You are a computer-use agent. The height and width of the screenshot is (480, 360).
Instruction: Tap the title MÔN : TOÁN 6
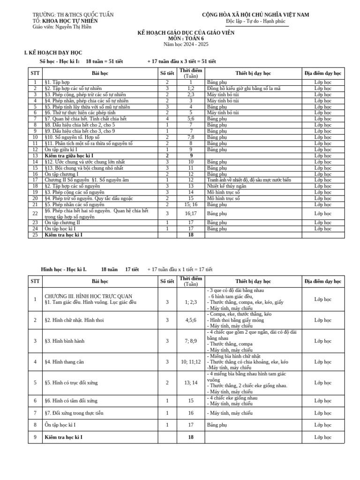(186, 38)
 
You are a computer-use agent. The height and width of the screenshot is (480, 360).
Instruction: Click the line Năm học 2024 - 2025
(186, 44)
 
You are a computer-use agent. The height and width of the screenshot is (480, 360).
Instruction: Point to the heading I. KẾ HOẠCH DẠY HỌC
(53, 53)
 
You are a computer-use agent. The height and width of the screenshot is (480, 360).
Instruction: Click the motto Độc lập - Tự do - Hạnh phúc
(255, 21)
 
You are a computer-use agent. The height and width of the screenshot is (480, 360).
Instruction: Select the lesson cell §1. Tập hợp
(57, 82)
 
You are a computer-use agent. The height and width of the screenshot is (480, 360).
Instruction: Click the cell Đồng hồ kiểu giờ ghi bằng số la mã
(243, 88)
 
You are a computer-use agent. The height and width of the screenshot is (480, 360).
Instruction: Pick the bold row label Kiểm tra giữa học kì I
(69, 155)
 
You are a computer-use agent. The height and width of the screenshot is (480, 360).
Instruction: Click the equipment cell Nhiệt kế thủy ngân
(226, 186)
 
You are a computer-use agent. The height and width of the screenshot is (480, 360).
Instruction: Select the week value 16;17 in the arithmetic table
(191, 213)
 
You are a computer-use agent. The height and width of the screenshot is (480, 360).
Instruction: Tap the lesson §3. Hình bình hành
(65, 341)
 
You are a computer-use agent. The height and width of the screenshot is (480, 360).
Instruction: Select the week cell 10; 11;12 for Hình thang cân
(191, 362)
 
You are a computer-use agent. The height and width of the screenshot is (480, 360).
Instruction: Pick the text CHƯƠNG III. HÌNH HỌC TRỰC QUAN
(88, 296)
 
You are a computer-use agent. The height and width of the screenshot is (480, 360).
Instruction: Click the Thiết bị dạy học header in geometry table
(253, 281)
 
